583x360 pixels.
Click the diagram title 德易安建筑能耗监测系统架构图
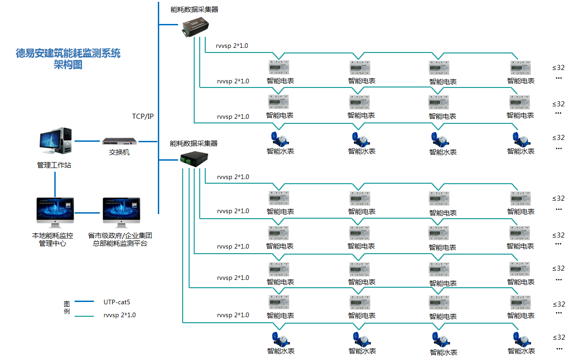point(68,58)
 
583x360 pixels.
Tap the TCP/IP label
point(143,116)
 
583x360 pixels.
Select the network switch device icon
point(120,141)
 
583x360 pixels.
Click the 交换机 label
point(119,152)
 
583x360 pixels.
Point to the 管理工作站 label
point(54,165)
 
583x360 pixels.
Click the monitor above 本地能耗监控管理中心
point(55,213)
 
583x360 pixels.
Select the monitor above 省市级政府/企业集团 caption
point(121,213)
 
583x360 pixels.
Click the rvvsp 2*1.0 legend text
point(120,315)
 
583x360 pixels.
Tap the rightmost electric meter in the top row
point(521,68)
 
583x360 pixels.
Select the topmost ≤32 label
point(559,68)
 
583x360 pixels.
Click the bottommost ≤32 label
point(559,338)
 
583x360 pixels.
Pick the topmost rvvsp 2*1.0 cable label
point(232,46)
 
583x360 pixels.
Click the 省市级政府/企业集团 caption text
point(120,236)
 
